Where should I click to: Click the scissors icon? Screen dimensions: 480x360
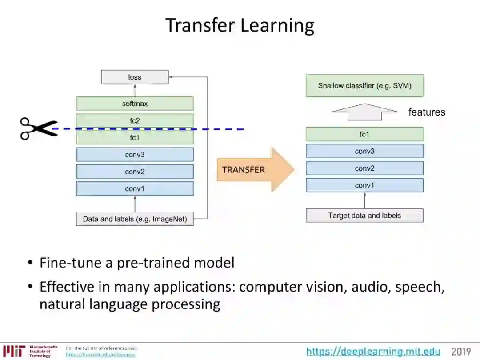[x=39, y=129]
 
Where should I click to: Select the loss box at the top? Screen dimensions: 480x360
[x=135, y=77]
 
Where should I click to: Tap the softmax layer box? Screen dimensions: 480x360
[x=135, y=104]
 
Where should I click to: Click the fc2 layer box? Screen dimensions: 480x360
[x=135, y=120]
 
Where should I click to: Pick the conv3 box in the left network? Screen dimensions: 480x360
[x=135, y=155]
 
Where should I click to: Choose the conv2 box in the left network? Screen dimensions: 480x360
[x=135, y=172]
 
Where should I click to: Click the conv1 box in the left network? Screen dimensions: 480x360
[x=135, y=188]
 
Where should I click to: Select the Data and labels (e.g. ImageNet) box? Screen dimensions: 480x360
[x=135, y=219]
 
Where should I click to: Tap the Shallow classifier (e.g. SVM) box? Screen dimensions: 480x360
[x=364, y=85]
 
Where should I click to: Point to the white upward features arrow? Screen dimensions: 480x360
[x=364, y=112]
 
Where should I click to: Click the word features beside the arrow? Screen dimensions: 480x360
[x=427, y=112]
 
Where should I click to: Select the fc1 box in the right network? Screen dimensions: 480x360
[x=364, y=134]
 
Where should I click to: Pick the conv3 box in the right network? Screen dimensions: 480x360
[x=364, y=151]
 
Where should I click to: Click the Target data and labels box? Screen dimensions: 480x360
[x=364, y=216]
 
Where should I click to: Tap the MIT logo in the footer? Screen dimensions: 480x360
[x=13, y=351]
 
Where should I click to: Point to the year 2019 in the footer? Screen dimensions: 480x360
[x=461, y=352]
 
